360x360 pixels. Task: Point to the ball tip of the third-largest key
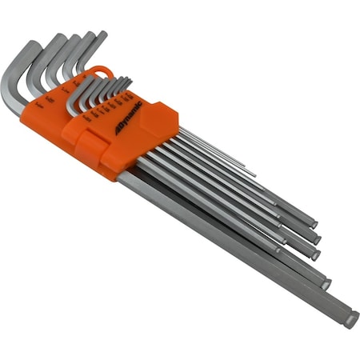(314, 254)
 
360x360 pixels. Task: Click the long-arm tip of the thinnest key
(254, 172)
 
